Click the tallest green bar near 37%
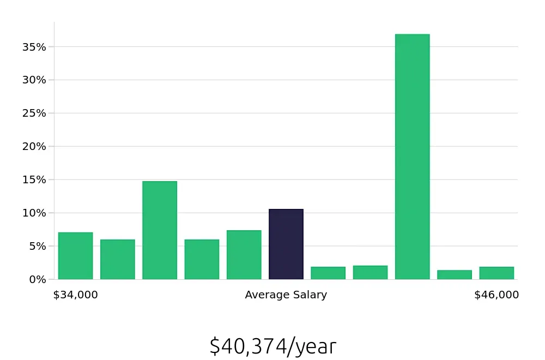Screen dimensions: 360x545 tap(413, 157)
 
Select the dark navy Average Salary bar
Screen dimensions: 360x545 tap(286, 244)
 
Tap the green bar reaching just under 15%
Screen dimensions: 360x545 tap(160, 230)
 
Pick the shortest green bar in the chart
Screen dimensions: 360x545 tap(455, 275)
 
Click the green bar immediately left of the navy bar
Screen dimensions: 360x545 tap(244, 255)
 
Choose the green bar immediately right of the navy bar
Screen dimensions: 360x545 tap(328, 273)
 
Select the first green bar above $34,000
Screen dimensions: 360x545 tap(76, 256)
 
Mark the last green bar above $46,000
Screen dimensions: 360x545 tap(496, 273)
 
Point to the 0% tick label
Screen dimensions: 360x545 tap(38, 279)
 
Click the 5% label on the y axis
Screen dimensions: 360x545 tap(38, 246)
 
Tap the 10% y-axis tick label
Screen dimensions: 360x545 tap(34, 213)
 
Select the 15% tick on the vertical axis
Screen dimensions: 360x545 tap(34, 179)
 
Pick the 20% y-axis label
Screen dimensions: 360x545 tap(34, 146)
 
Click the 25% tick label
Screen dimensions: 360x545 tap(34, 113)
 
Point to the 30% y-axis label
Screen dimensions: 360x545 tap(34, 80)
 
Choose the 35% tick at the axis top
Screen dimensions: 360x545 tap(34, 47)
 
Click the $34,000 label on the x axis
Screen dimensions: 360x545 tap(76, 295)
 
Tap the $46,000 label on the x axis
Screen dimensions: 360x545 tap(496, 295)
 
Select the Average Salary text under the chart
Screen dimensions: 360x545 tap(286, 295)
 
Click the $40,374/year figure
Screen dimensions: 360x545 tap(272, 346)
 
